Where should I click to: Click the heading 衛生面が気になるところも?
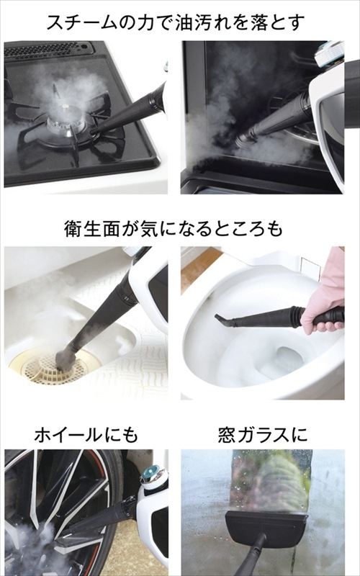(174, 228)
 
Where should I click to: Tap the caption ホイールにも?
(86, 435)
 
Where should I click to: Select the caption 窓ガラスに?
(262, 435)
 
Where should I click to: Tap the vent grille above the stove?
(46, 49)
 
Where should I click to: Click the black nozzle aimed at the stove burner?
(129, 110)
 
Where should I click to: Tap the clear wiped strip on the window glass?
(271, 481)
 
